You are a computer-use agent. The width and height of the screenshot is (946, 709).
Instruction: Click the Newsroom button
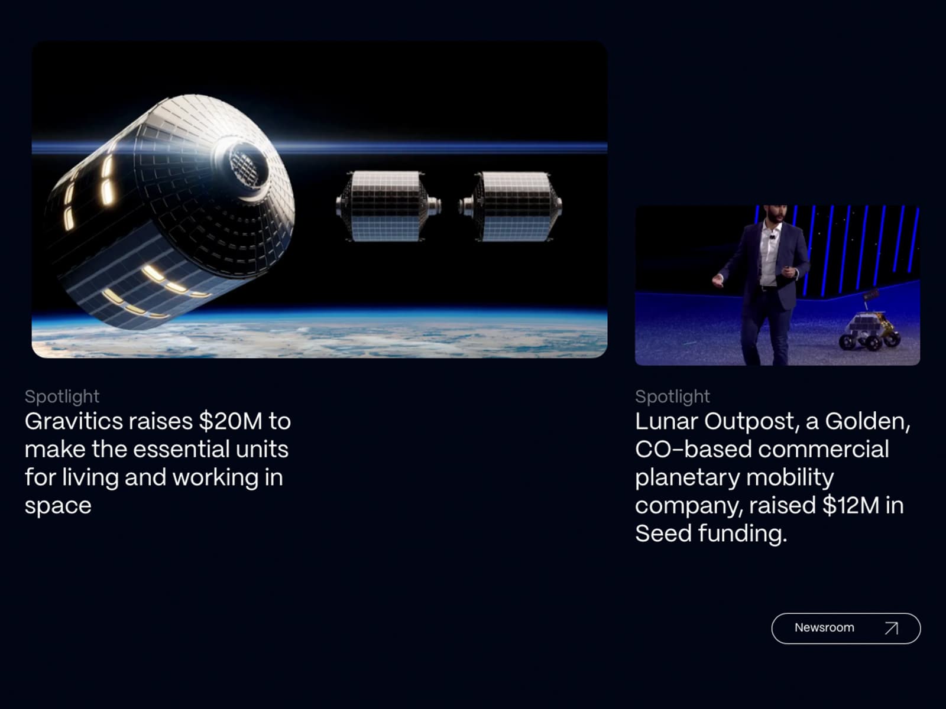click(845, 628)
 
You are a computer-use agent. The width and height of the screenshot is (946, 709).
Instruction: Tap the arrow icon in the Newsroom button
click(891, 628)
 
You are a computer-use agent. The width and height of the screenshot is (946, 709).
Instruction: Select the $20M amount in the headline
click(231, 421)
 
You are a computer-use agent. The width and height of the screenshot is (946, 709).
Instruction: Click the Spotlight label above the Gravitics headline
click(62, 396)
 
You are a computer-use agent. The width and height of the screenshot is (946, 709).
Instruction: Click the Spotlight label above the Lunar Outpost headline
click(672, 396)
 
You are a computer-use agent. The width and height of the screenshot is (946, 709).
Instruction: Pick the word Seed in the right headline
click(663, 534)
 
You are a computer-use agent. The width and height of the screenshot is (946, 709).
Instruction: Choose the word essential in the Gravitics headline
click(180, 450)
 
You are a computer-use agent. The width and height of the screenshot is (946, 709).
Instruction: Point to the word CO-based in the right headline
click(694, 450)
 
